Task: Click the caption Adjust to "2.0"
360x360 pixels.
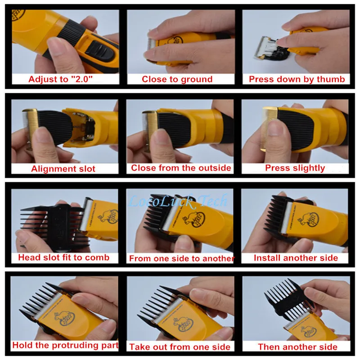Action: [60, 79]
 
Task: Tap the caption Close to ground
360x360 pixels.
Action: [177, 79]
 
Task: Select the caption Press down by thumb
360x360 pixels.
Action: [297, 79]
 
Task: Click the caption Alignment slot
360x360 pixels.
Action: [63, 169]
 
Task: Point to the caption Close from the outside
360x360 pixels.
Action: [181, 168]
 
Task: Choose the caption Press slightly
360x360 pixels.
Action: [295, 168]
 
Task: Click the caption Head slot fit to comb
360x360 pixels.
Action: [64, 257]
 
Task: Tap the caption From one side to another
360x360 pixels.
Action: [182, 258]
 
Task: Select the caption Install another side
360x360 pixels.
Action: [296, 258]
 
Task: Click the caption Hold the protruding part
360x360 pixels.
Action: [65, 345]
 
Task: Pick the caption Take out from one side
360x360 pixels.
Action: [180, 347]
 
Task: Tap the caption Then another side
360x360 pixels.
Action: [297, 347]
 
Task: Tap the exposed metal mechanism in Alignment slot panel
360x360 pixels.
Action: [84, 126]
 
